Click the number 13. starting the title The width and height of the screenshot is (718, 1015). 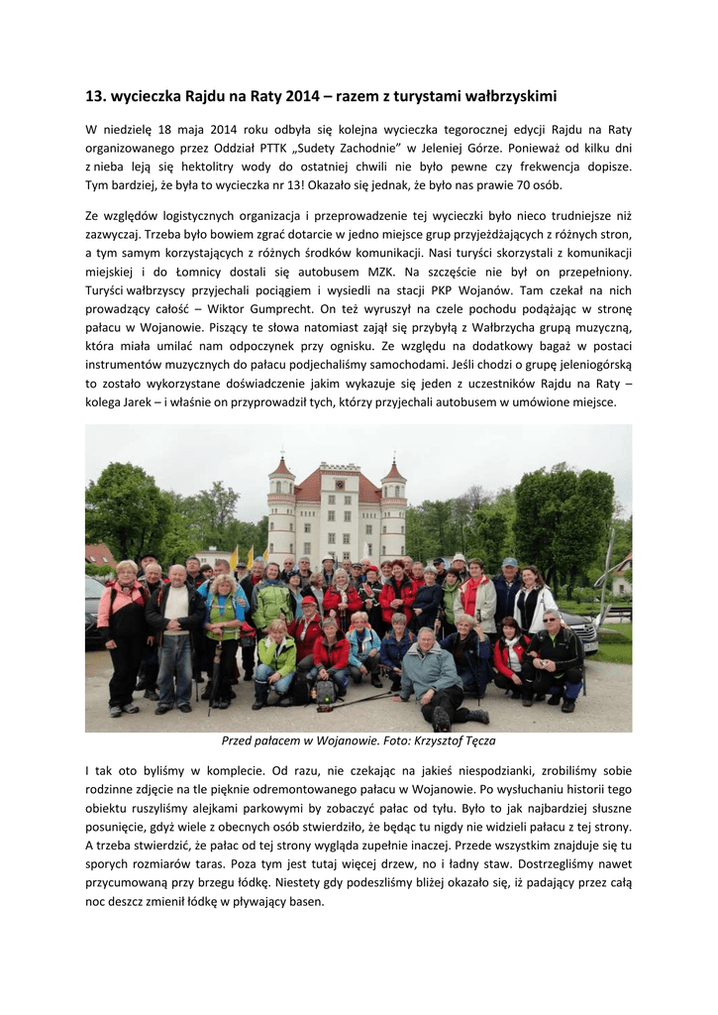coord(95,96)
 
